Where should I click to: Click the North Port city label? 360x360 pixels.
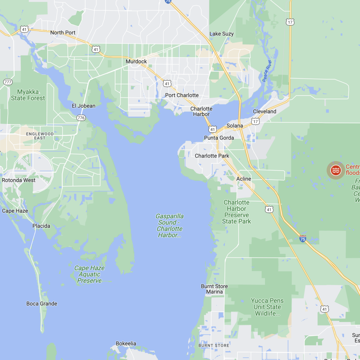(x=63, y=33)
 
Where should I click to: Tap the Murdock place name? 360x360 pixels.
(x=136, y=61)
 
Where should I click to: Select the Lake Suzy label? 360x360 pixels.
(x=221, y=34)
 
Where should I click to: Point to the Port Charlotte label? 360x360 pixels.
(x=182, y=95)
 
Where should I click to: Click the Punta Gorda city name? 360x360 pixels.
(x=219, y=138)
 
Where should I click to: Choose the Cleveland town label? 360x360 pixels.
(x=265, y=112)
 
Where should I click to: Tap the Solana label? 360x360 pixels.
(x=235, y=126)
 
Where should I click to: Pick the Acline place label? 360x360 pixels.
(x=244, y=179)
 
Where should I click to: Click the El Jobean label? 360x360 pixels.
(x=84, y=106)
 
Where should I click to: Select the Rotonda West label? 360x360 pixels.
(x=19, y=180)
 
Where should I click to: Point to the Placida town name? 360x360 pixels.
(x=41, y=226)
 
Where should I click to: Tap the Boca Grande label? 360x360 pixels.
(x=42, y=304)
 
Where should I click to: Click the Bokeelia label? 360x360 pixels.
(x=126, y=343)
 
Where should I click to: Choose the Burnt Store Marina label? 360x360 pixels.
(x=214, y=289)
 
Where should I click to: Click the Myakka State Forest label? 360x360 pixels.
(x=28, y=95)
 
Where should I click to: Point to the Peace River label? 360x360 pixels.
(x=267, y=71)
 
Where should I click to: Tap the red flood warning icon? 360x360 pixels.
(x=336, y=170)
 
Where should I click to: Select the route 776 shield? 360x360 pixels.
(x=81, y=118)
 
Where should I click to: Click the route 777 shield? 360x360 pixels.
(x=8, y=82)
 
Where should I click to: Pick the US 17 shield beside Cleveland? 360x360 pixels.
(x=255, y=121)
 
